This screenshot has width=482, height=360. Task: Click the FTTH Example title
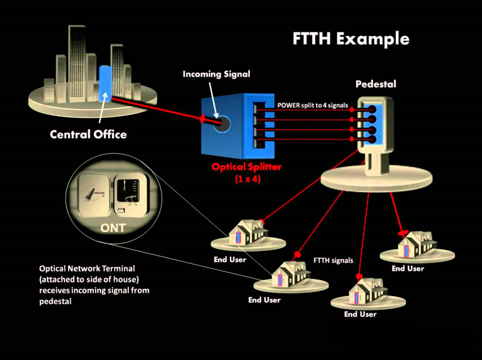[x=351, y=38]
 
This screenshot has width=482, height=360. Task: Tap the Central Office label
[x=88, y=134]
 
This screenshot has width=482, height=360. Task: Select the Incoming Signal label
[x=216, y=74]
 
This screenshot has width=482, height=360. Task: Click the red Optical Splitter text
[x=246, y=167]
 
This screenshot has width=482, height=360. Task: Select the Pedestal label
[x=376, y=84]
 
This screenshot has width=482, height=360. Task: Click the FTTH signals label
[x=333, y=260]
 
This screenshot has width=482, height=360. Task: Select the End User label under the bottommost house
[x=360, y=314]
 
